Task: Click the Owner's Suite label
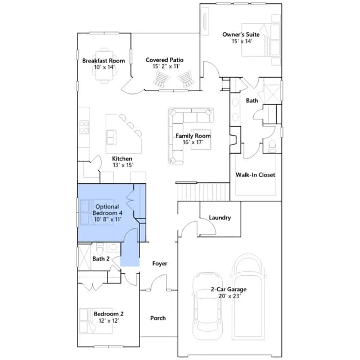(x=241, y=34)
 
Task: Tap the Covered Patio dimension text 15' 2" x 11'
(x=166, y=66)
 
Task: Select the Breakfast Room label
(x=103, y=61)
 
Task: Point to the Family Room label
(x=193, y=136)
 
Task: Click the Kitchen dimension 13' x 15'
(x=123, y=165)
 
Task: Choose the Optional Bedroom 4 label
(x=107, y=210)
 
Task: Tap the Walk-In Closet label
(x=255, y=175)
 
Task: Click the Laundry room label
(x=220, y=218)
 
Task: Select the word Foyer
(x=160, y=263)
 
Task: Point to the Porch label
(x=158, y=318)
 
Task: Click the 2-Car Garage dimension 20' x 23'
(x=229, y=296)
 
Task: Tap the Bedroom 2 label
(x=109, y=314)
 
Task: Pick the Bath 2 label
(x=101, y=259)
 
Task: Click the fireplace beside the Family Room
(x=235, y=139)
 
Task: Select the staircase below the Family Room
(x=204, y=192)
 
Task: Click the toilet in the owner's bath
(x=272, y=146)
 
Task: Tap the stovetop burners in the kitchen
(x=84, y=128)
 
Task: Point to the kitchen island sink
(x=111, y=137)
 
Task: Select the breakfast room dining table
(x=105, y=65)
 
